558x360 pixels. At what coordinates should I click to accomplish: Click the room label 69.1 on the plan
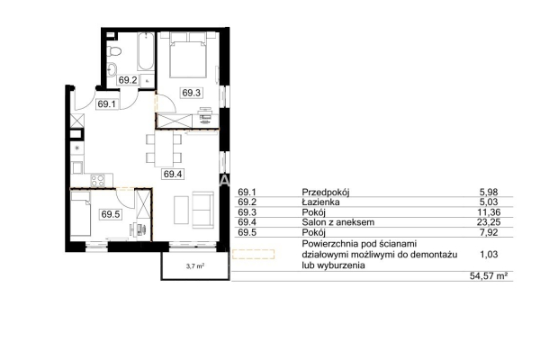107,104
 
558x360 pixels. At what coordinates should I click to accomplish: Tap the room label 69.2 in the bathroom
128,80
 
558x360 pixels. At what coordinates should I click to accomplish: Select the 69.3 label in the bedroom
192,93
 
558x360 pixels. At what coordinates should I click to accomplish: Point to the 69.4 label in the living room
173,174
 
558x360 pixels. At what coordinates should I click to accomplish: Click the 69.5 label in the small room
111,214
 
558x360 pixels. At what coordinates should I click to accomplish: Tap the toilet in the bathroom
114,51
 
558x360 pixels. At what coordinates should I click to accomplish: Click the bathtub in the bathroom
146,52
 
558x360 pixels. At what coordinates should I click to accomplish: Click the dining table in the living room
164,148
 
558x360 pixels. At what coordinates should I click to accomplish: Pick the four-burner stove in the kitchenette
98,180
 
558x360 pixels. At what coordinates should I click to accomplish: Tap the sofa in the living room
202,210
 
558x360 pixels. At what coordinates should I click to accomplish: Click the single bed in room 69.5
80,213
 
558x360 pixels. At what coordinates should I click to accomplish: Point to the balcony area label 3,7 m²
195,265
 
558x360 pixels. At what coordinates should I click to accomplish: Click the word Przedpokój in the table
326,193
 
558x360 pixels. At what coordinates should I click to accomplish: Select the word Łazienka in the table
320,202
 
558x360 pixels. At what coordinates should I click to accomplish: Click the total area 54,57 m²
489,276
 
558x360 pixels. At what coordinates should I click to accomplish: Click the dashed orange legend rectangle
254,254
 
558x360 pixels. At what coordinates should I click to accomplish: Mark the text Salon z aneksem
338,222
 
